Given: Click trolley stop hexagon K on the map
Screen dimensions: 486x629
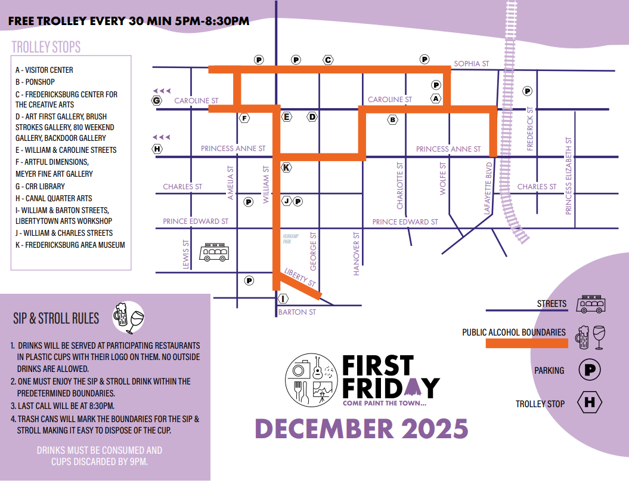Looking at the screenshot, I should pos(286,167).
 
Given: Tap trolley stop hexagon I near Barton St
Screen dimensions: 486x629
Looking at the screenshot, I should pos(283,298).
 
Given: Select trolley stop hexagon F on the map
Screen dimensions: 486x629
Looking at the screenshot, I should pos(244,118).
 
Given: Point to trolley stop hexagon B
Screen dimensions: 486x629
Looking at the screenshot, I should pos(392,120).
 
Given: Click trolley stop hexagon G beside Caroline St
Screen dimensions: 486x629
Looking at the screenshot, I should pos(157,101).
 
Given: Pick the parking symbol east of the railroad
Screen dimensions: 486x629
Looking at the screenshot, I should pos(527,91).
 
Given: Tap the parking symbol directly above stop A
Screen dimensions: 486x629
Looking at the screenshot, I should pos(436,85).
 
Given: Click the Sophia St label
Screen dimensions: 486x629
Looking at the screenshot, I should pos(471,64).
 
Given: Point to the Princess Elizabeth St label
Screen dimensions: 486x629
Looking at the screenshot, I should pos(569,176).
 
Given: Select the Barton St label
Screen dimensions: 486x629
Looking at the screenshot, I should pos(297,312).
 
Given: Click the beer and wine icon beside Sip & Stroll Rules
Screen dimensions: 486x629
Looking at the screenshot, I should pos(129,317).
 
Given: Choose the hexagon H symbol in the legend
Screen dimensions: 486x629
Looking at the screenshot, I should pos(590,402).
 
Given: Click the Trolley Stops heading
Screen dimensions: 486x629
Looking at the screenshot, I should pos(46,47).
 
